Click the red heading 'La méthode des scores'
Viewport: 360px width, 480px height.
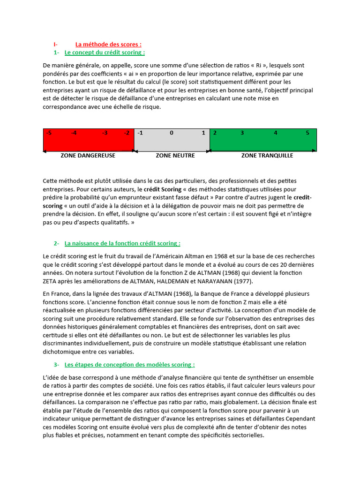pyautogui.click(x=108, y=45)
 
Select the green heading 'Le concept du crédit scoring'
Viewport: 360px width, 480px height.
pyautogui.click(x=105, y=52)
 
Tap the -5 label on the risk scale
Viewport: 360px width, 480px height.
pyautogui.click(x=49, y=133)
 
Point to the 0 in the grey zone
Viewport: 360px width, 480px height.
pyautogui.click(x=172, y=133)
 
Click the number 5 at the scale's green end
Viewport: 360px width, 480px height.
pyautogui.click(x=307, y=133)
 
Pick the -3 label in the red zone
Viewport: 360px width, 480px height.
pyautogui.click(x=105, y=133)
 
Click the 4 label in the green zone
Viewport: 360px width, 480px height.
pyautogui.click(x=276, y=133)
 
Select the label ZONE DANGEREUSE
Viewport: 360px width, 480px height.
pyautogui.click(x=88, y=156)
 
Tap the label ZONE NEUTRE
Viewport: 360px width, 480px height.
pyautogui.click(x=175, y=156)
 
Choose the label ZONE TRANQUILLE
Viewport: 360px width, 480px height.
pyautogui.click(x=267, y=156)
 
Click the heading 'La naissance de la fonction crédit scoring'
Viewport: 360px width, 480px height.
pyautogui.click(x=122, y=243)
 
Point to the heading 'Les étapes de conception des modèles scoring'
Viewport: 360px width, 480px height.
pyautogui.click(x=129, y=364)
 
